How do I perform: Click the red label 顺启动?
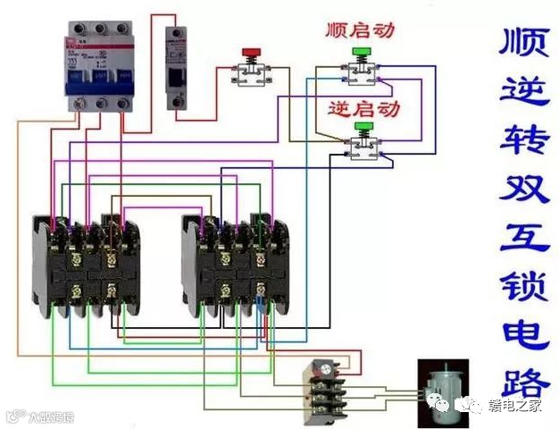(x=359, y=29)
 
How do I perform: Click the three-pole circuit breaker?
(x=96, y=66)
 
